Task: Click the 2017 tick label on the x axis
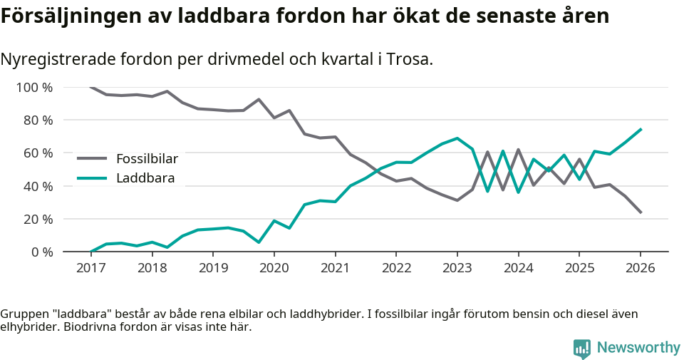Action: pos(90,268)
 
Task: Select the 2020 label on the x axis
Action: pos(274,268)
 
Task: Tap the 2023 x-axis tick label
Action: pos(457,268)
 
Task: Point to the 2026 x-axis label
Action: pos(640,268)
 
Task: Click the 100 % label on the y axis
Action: pos(34,88)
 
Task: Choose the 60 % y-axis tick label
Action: pos(37,153)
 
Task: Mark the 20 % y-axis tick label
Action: pos(37,219)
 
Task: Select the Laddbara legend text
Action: pos(145,178)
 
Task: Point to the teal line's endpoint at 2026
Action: pos(641,129)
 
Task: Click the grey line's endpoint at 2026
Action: pos(641,212)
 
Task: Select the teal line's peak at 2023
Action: pos(457,138)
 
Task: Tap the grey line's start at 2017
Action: pos(91,87)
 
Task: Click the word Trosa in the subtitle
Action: pos(409,60)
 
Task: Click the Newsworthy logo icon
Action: pos(582,349)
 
